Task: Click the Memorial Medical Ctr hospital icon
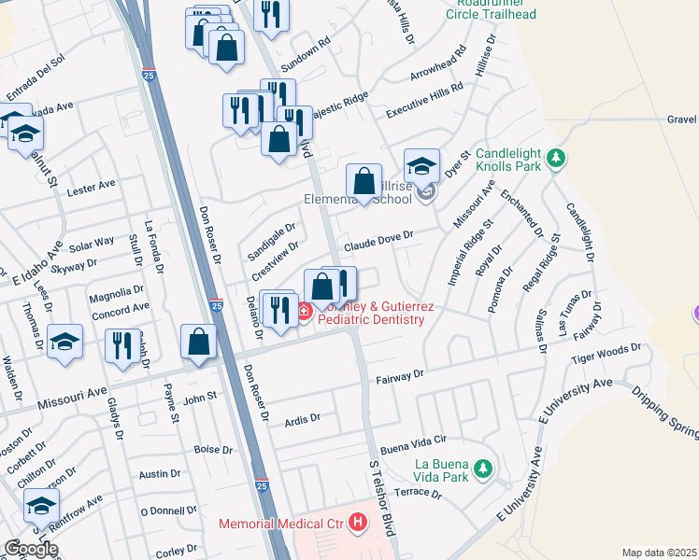(357, 524)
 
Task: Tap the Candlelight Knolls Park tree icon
(556, 159)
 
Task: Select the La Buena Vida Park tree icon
(483, 468)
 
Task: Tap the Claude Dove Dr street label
(378, 245)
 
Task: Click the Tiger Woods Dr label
(608, 353)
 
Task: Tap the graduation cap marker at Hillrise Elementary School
(422, 165)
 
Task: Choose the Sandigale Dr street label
(271, 242)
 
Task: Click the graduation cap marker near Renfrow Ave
(41, 507)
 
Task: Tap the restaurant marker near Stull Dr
(121, 344)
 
